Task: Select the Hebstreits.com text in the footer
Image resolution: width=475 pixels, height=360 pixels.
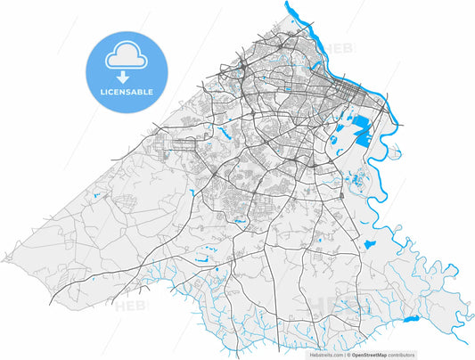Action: [x=326, y=355]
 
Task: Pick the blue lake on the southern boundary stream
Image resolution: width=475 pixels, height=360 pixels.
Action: [x=411, y=319]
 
